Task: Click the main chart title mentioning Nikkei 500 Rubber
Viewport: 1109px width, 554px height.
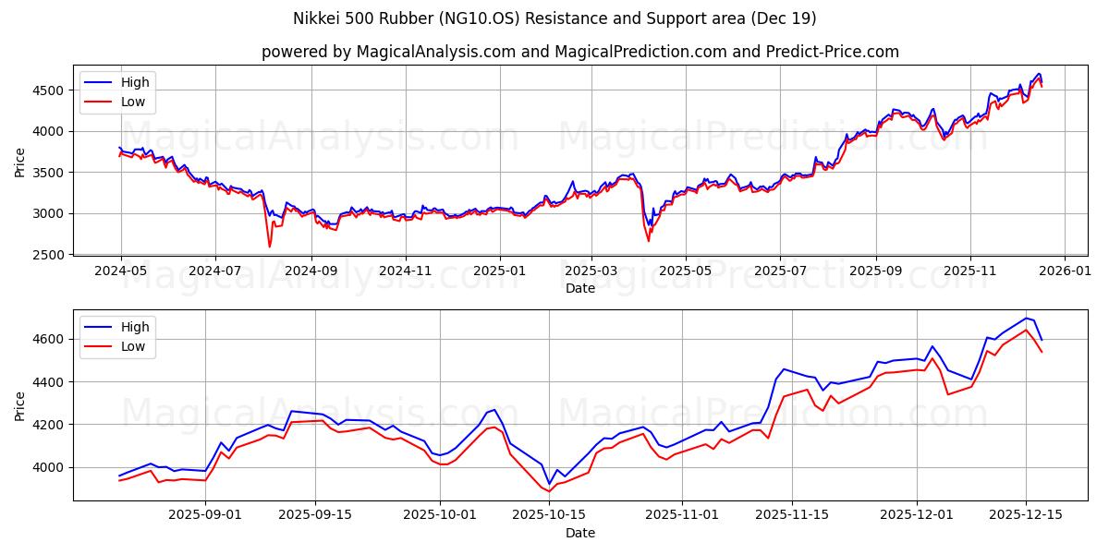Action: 554,18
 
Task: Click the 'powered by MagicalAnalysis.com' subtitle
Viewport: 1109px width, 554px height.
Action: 579,52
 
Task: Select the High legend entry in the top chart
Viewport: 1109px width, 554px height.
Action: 135,82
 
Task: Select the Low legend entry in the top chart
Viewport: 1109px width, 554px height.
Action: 133,102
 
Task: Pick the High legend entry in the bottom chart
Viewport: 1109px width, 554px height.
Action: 135,327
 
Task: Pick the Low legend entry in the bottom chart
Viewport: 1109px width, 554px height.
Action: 133,346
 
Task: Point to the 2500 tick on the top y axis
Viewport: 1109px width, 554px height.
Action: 50,255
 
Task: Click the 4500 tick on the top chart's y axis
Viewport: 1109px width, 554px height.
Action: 50,90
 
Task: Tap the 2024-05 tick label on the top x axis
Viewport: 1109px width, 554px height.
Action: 121,272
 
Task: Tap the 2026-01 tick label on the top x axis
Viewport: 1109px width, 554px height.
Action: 1064,272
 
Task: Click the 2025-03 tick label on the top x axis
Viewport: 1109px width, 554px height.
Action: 591,272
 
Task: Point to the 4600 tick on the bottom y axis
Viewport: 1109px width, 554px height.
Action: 50,340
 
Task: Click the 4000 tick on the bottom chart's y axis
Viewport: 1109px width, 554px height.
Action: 50,467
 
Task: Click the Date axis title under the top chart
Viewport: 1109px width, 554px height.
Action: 579,288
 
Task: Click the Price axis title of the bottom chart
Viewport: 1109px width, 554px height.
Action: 20,404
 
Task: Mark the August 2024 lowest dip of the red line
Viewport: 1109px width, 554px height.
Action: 270,247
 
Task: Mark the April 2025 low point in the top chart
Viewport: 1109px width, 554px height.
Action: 648,241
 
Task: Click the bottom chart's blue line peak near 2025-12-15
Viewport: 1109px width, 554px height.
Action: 1026,318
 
